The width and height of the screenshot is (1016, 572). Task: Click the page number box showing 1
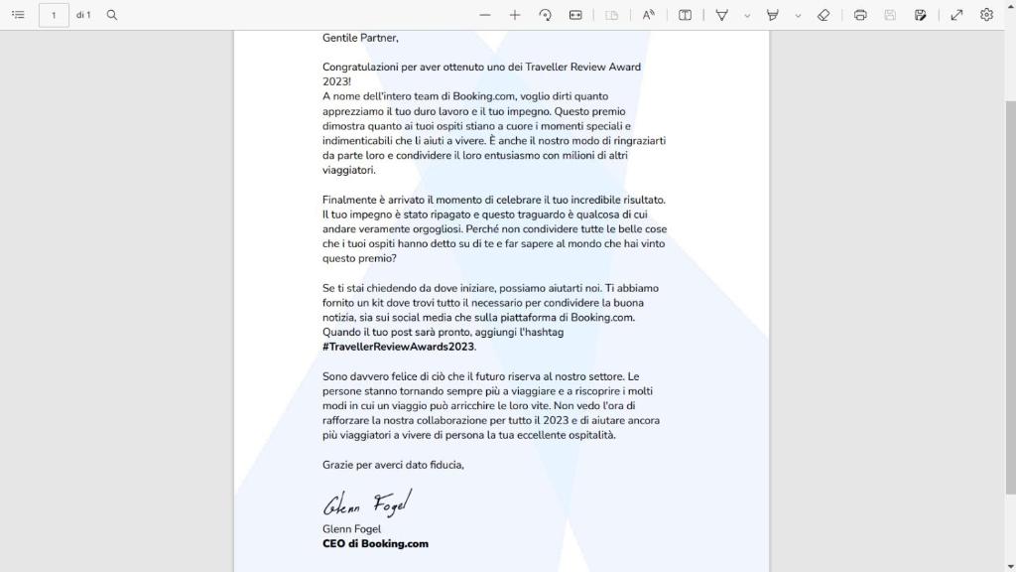click(x=54, y=15)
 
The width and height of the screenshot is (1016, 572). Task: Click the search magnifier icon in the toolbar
click(x=112, y=15)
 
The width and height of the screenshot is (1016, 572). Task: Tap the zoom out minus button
click(x=484, y=15)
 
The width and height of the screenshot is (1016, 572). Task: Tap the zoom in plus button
click(x=515, y=15)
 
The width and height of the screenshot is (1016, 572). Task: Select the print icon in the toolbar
click(x=860, y=15)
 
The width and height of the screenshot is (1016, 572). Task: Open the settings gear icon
click(x=986, y=15)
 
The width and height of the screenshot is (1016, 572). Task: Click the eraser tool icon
click(x=824, y=15)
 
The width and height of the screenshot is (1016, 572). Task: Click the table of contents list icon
click(x=18, y=15)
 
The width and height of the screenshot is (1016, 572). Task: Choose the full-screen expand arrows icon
click(x=956, y=15)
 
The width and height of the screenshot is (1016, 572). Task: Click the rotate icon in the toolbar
click(x=545, y=15)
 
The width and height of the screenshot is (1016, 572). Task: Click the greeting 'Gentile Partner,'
click(x=360, y=38)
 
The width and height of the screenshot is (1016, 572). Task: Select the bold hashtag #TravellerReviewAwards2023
click(x=399, y=347)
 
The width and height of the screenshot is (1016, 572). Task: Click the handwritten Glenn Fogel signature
click(x=366, y=503)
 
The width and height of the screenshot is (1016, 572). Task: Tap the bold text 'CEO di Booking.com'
click(x=375, y=544)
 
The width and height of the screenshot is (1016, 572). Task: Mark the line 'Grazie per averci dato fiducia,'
click(x=393, y=465)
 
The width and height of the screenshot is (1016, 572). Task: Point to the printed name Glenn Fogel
click(x=351, y=529)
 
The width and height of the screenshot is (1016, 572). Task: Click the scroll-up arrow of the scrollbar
click(x=1009, y=38)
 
